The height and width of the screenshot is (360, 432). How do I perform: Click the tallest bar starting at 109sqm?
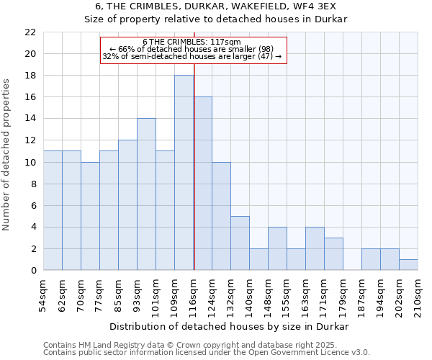tap(184, 173)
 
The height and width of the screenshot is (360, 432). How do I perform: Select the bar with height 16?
tap(202, 184)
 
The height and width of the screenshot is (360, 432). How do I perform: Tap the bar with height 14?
tap(146, 194)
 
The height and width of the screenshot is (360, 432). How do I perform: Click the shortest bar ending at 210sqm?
tap(408, 265)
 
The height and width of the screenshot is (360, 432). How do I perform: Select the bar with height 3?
tap(333, 254)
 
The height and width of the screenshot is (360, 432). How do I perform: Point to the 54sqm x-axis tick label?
tap(43, 294)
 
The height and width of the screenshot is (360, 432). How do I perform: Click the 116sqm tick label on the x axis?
tap(193, 294)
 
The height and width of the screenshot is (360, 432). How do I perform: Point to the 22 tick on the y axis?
tap(30, 32)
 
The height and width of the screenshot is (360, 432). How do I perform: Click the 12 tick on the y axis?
tap(30, 140)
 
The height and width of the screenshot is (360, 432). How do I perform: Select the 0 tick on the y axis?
tap(33, 271)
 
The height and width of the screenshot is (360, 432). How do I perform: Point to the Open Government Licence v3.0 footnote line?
tap(207, 353)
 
